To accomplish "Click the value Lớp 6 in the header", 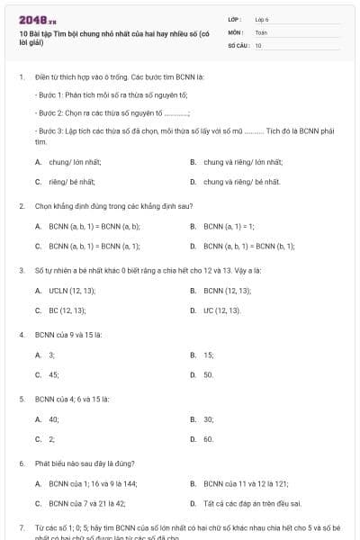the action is point(262,18).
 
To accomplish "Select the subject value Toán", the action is point(261,31).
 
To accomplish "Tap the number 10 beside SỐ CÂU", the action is point(258,44).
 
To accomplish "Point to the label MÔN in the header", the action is point(235,31).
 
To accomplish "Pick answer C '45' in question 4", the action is point(53,374).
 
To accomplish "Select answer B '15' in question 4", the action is point(208,355).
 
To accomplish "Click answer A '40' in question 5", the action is point(53,419).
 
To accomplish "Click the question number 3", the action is point(22,270).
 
